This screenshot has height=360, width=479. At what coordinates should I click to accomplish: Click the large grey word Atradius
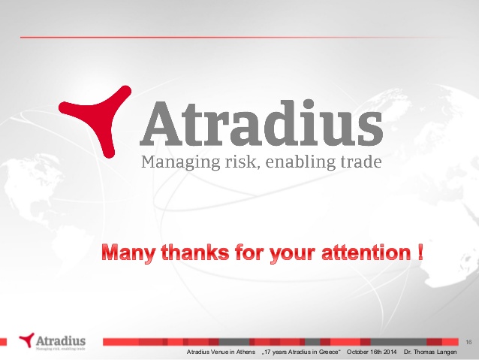pyautogui.click(x=261, y=123)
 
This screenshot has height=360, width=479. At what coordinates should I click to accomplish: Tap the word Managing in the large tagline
pyautogui.click(x=180, y=162)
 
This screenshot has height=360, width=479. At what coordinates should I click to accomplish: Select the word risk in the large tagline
pyautogui.click(x=243, y=162)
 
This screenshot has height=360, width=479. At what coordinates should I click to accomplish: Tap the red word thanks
pyautogui.click(x=195, y=253)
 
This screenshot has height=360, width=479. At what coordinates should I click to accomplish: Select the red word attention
pyautogui.click(x=366, y=253)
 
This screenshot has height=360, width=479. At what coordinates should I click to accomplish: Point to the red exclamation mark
pyautogui.click(x=420, y=253)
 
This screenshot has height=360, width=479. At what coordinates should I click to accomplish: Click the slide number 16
pyautogui.click(x=468, y=342)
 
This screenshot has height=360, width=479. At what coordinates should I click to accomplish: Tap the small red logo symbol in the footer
pyautogui.click(x=27, y=340)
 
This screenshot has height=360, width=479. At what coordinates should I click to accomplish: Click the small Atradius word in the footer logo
pyautogui.click(x=61, y=340)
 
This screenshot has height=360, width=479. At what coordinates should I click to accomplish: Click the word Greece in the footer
pyautogui.click(x=330, y=352)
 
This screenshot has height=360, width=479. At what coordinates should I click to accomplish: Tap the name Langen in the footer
pyautogui.click(x=447, y=352)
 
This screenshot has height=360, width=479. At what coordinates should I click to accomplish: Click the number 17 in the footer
pyautogui.click(x=267, y=352)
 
